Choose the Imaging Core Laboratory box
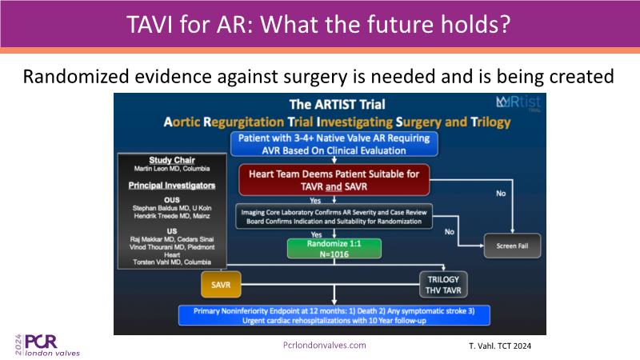pyautogui.click(x=334, y=216)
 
